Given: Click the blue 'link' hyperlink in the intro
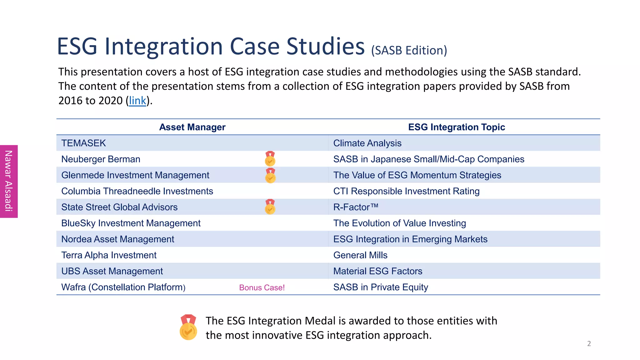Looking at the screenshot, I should (137, 101).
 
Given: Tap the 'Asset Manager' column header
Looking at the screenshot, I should (192, 127).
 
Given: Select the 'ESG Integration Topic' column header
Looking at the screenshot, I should (456, 127).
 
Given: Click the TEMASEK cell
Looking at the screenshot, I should (84, 143).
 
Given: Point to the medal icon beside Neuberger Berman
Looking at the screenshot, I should (270, 159).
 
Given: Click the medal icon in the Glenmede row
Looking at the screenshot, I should (270, 176).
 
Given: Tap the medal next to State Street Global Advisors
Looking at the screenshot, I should (270, 207).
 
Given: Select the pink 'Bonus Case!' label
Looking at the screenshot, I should (262, 287).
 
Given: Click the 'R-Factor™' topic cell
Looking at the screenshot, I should (356, 207).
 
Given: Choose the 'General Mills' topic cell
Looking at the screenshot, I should (360, 255).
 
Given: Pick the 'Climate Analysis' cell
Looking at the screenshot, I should (367, 143).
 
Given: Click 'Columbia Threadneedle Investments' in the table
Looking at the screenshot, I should (137, 191).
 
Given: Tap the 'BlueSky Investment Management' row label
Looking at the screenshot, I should (131, 223).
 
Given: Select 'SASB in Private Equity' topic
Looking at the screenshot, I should (381, 287).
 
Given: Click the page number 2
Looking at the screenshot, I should (589, 344).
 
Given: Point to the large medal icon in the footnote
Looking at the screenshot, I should (188, 327).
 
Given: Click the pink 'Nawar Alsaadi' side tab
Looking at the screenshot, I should (9, 181).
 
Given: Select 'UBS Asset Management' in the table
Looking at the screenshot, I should (112, 271).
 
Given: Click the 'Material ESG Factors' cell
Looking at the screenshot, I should (378, 271).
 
